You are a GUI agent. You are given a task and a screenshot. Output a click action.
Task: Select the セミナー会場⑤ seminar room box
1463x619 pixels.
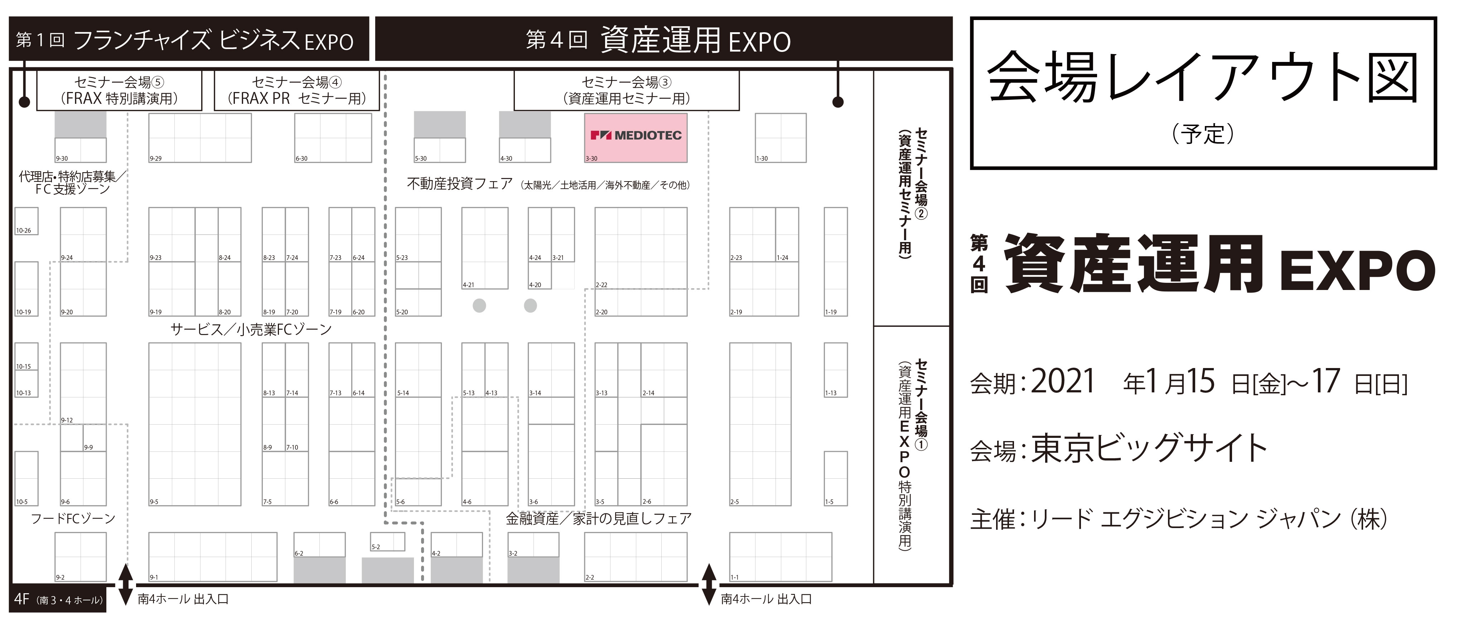[x=119, y=90]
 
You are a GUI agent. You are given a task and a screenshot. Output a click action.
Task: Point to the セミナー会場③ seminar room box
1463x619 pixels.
[x=627, y=90]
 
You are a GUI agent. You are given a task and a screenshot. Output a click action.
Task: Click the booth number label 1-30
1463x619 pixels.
[x=762, y=159]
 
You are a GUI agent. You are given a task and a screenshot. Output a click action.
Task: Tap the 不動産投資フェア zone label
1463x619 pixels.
[x=460, y=184]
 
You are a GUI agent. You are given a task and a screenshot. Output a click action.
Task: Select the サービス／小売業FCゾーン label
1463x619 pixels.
[x=251, y=329]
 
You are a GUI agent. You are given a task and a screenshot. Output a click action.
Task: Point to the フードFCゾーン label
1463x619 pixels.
[x=73, y=518]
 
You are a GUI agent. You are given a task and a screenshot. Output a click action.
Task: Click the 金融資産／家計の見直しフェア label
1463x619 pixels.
[x=599, y=518]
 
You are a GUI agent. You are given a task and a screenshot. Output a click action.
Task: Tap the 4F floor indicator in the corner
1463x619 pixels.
[x=21, y=599]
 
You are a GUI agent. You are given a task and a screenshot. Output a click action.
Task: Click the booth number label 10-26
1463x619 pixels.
[x=23, y=231]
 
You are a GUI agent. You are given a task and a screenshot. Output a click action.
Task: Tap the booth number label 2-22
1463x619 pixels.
[x=602, y=285]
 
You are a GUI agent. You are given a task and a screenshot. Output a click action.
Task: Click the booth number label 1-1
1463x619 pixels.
[x=734, y=577]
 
